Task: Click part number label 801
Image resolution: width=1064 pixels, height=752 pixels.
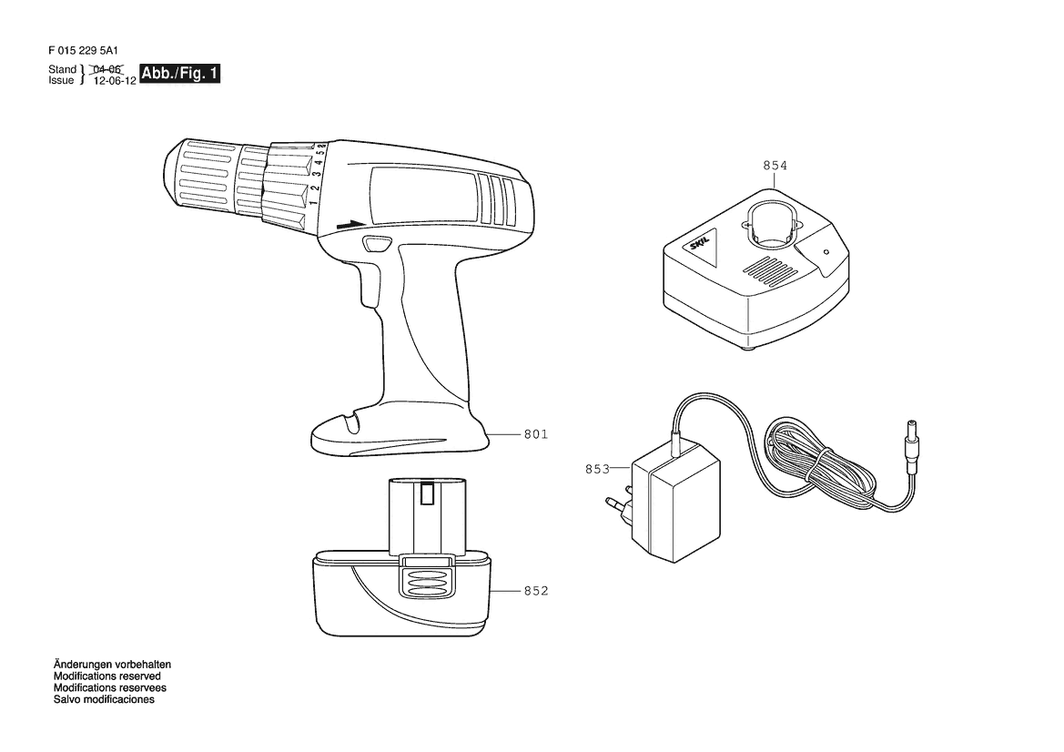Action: click(x=535, y=434)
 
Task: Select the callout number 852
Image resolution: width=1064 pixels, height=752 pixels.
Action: click(x=535, y=591)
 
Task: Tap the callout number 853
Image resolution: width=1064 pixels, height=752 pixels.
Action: click(x=597, y=469)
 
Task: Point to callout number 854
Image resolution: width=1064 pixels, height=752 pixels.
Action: click(x=775, y=166)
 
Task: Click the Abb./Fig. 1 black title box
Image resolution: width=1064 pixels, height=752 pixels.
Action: click(x=180, y=74)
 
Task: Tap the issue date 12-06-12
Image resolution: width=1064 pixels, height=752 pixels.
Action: click(x=115, y=80)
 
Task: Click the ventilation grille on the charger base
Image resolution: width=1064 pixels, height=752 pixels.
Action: click(x=772, y=269)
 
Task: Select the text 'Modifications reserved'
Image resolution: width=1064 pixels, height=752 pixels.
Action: click(x=107, y=676)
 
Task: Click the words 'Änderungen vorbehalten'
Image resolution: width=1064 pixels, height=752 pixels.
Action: click(x=112, y=666)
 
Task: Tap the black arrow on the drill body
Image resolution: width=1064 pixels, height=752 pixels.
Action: click(x=348, y=224)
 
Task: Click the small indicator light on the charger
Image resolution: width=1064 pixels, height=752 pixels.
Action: click(x=826, y=252)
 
